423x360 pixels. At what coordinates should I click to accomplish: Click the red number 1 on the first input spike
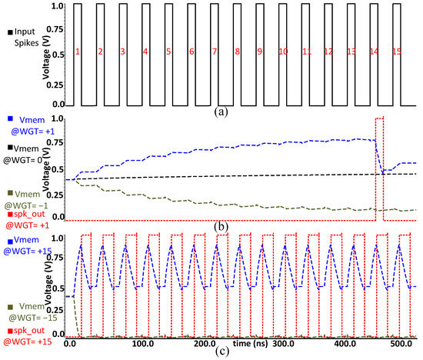pyautogui.click(x=78, y=52)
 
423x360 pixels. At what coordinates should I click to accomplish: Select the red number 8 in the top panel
pyautogui.click(x=238, y=52)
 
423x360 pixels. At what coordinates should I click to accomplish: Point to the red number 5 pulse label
pyautogui.click(x=168, y=52)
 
